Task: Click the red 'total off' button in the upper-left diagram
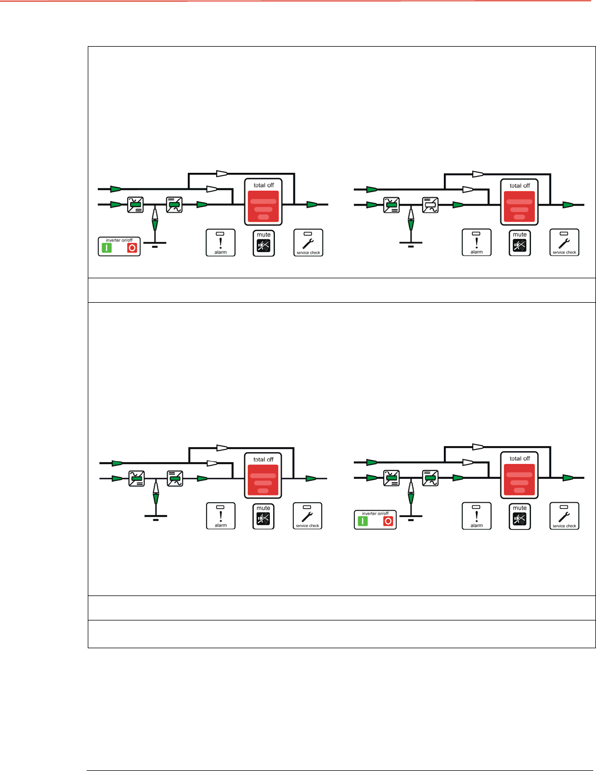pos(263,206)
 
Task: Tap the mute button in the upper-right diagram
pos(519,243)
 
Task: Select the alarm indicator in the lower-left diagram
pos(221,515)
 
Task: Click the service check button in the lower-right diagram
pos(564,516)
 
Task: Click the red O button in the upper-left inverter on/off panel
pos(132,248)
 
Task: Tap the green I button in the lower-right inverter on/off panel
pos(363,521)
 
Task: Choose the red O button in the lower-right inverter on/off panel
pos(388,521)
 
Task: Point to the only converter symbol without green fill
pos(430,205)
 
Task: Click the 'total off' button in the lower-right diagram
pos(519,479)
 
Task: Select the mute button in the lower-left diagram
pos(263,516)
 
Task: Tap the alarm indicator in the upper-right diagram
pos(477,243)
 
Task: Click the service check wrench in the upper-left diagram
pos(308,243)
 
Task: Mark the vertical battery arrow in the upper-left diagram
pos(155,218)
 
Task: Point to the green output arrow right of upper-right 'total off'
pos(568,205)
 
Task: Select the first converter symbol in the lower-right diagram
pos(392,478)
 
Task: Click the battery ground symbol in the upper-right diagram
pos(410,244)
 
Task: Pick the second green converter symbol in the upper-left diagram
pos(174,205)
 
